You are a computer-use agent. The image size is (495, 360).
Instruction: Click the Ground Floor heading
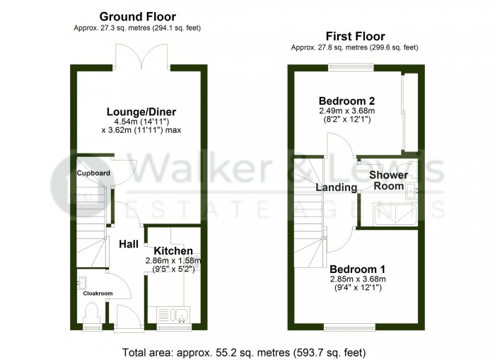coord(137,16)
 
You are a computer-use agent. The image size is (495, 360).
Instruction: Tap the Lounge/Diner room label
coord(141,112)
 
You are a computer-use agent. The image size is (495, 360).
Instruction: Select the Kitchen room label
coord(173,251)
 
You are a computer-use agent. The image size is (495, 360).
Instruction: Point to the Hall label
coord(128,244)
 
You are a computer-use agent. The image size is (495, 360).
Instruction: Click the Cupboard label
coord(93,173)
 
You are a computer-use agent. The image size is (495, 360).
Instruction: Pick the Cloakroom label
coord(98,293)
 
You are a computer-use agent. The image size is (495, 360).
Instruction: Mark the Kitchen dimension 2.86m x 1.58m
coord(173,260)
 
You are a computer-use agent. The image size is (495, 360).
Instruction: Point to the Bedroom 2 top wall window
coord(351,66)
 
